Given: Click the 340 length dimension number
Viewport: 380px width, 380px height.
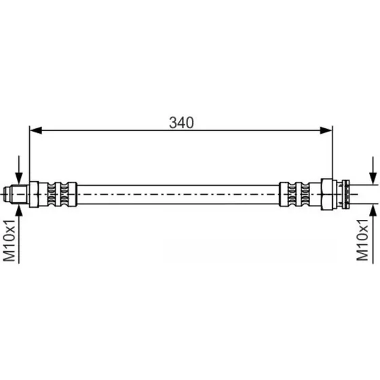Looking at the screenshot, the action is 181,123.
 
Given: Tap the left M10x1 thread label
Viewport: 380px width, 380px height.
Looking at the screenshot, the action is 9,241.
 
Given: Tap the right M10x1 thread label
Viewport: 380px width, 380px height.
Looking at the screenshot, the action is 362,240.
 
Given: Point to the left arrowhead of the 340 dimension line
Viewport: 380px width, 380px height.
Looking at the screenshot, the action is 35,130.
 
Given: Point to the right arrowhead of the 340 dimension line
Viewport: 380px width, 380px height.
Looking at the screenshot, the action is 326,130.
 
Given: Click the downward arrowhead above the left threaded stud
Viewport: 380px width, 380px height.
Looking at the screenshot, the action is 19,178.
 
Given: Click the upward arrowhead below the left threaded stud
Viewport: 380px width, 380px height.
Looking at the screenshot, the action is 19,210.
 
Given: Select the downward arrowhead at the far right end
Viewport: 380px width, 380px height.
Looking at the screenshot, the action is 373,178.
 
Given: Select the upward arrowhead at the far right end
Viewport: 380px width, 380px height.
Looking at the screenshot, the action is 373,210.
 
